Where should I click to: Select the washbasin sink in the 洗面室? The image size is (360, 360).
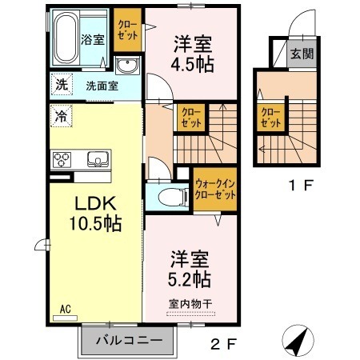[x=126, y=65]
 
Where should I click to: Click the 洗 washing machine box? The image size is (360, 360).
[x=61, y=84]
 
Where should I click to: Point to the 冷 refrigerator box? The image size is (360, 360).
[x=61, y=115]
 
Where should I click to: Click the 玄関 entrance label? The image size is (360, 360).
[x=302, y=54]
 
